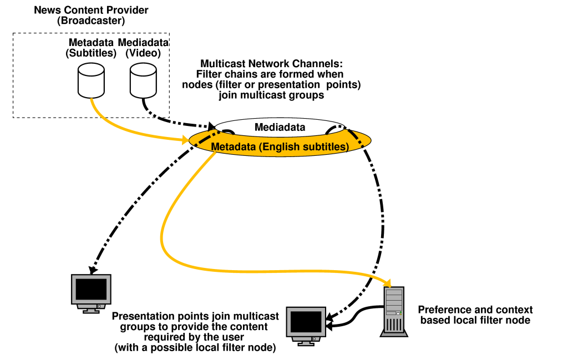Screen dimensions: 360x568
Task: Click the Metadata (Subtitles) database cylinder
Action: (92, 80)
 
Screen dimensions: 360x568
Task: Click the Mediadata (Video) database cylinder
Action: (144, 80)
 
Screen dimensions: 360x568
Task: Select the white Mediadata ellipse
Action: (280, 127)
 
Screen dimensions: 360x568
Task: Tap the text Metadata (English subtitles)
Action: (279, 147)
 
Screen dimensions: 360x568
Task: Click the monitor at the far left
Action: (92, 292)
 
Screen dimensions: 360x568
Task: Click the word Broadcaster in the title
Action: (92, 21)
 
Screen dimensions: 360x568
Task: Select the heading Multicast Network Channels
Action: (272, 64)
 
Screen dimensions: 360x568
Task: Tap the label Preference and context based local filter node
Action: (475, 315)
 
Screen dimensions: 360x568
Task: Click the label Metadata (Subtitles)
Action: (91, 48)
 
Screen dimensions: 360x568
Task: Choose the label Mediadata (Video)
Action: (144, 48)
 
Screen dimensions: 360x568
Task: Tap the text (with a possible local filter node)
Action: (195, 348)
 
